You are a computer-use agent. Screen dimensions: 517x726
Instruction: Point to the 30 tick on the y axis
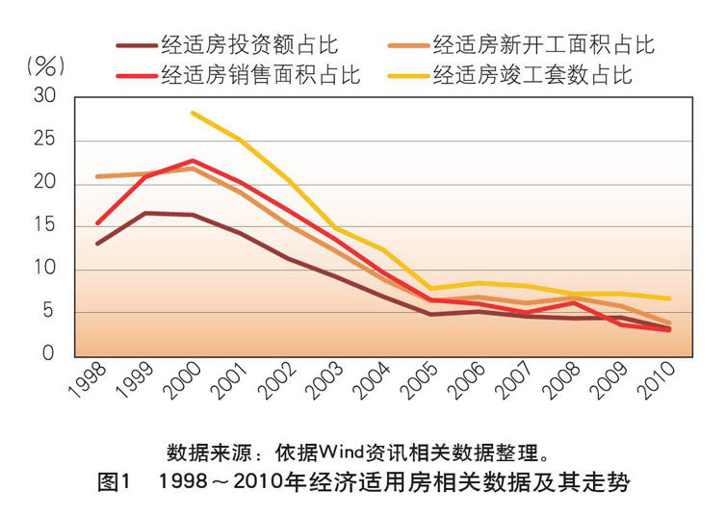pos(46,97)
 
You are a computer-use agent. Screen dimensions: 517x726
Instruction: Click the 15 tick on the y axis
pos(46,226)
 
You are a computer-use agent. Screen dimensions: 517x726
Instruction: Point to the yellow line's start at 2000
pos(193,113)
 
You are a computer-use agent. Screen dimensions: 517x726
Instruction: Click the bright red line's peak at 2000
pos(193,160)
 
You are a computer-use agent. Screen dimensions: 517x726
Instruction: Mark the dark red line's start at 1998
pos(97,244)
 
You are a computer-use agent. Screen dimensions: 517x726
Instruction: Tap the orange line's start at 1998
pos(97,177)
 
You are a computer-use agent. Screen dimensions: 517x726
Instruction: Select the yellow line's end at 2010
pos(669,298)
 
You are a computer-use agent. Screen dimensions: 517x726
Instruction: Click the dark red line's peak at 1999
pos(144,213)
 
